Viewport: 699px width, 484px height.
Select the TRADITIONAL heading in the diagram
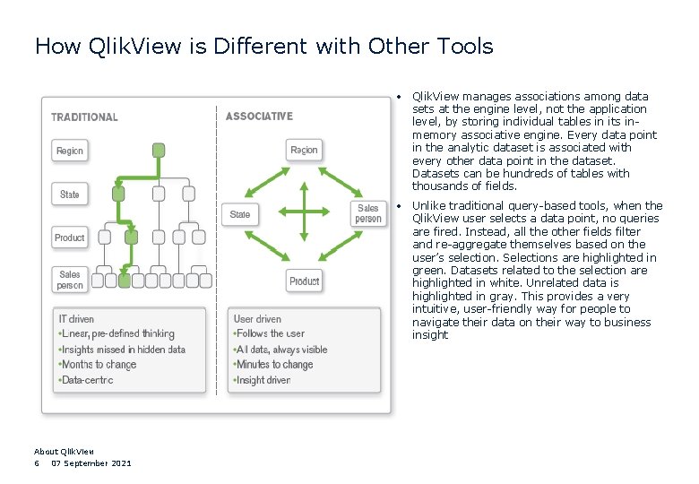[84, 117]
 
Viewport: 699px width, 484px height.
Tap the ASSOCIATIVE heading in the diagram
[259, 117]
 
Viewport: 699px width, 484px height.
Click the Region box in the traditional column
[70, 151]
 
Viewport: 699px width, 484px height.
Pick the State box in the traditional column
[70, 194]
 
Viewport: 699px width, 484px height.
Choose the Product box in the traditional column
[70, 238]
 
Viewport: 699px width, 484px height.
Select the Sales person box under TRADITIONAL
[70, 280]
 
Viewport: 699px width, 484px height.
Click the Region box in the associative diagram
[304, 150]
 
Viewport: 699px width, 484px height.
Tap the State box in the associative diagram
[240, 214]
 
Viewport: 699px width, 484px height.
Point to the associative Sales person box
[368, 213]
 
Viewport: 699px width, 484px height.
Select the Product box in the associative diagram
[304, 281]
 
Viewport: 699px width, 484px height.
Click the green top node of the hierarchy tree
[159, 150]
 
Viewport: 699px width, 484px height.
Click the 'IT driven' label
[77, 318]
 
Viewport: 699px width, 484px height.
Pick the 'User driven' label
[258, 318]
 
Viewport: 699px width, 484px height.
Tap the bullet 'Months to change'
[99, 365]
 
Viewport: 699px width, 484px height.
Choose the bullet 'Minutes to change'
[274, 365]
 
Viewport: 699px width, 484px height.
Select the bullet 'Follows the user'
[270, 333]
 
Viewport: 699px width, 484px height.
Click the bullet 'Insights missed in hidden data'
[122, 350]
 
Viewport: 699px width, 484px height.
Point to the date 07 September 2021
[91, 462]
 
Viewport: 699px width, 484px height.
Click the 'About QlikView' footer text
[64, 452]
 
